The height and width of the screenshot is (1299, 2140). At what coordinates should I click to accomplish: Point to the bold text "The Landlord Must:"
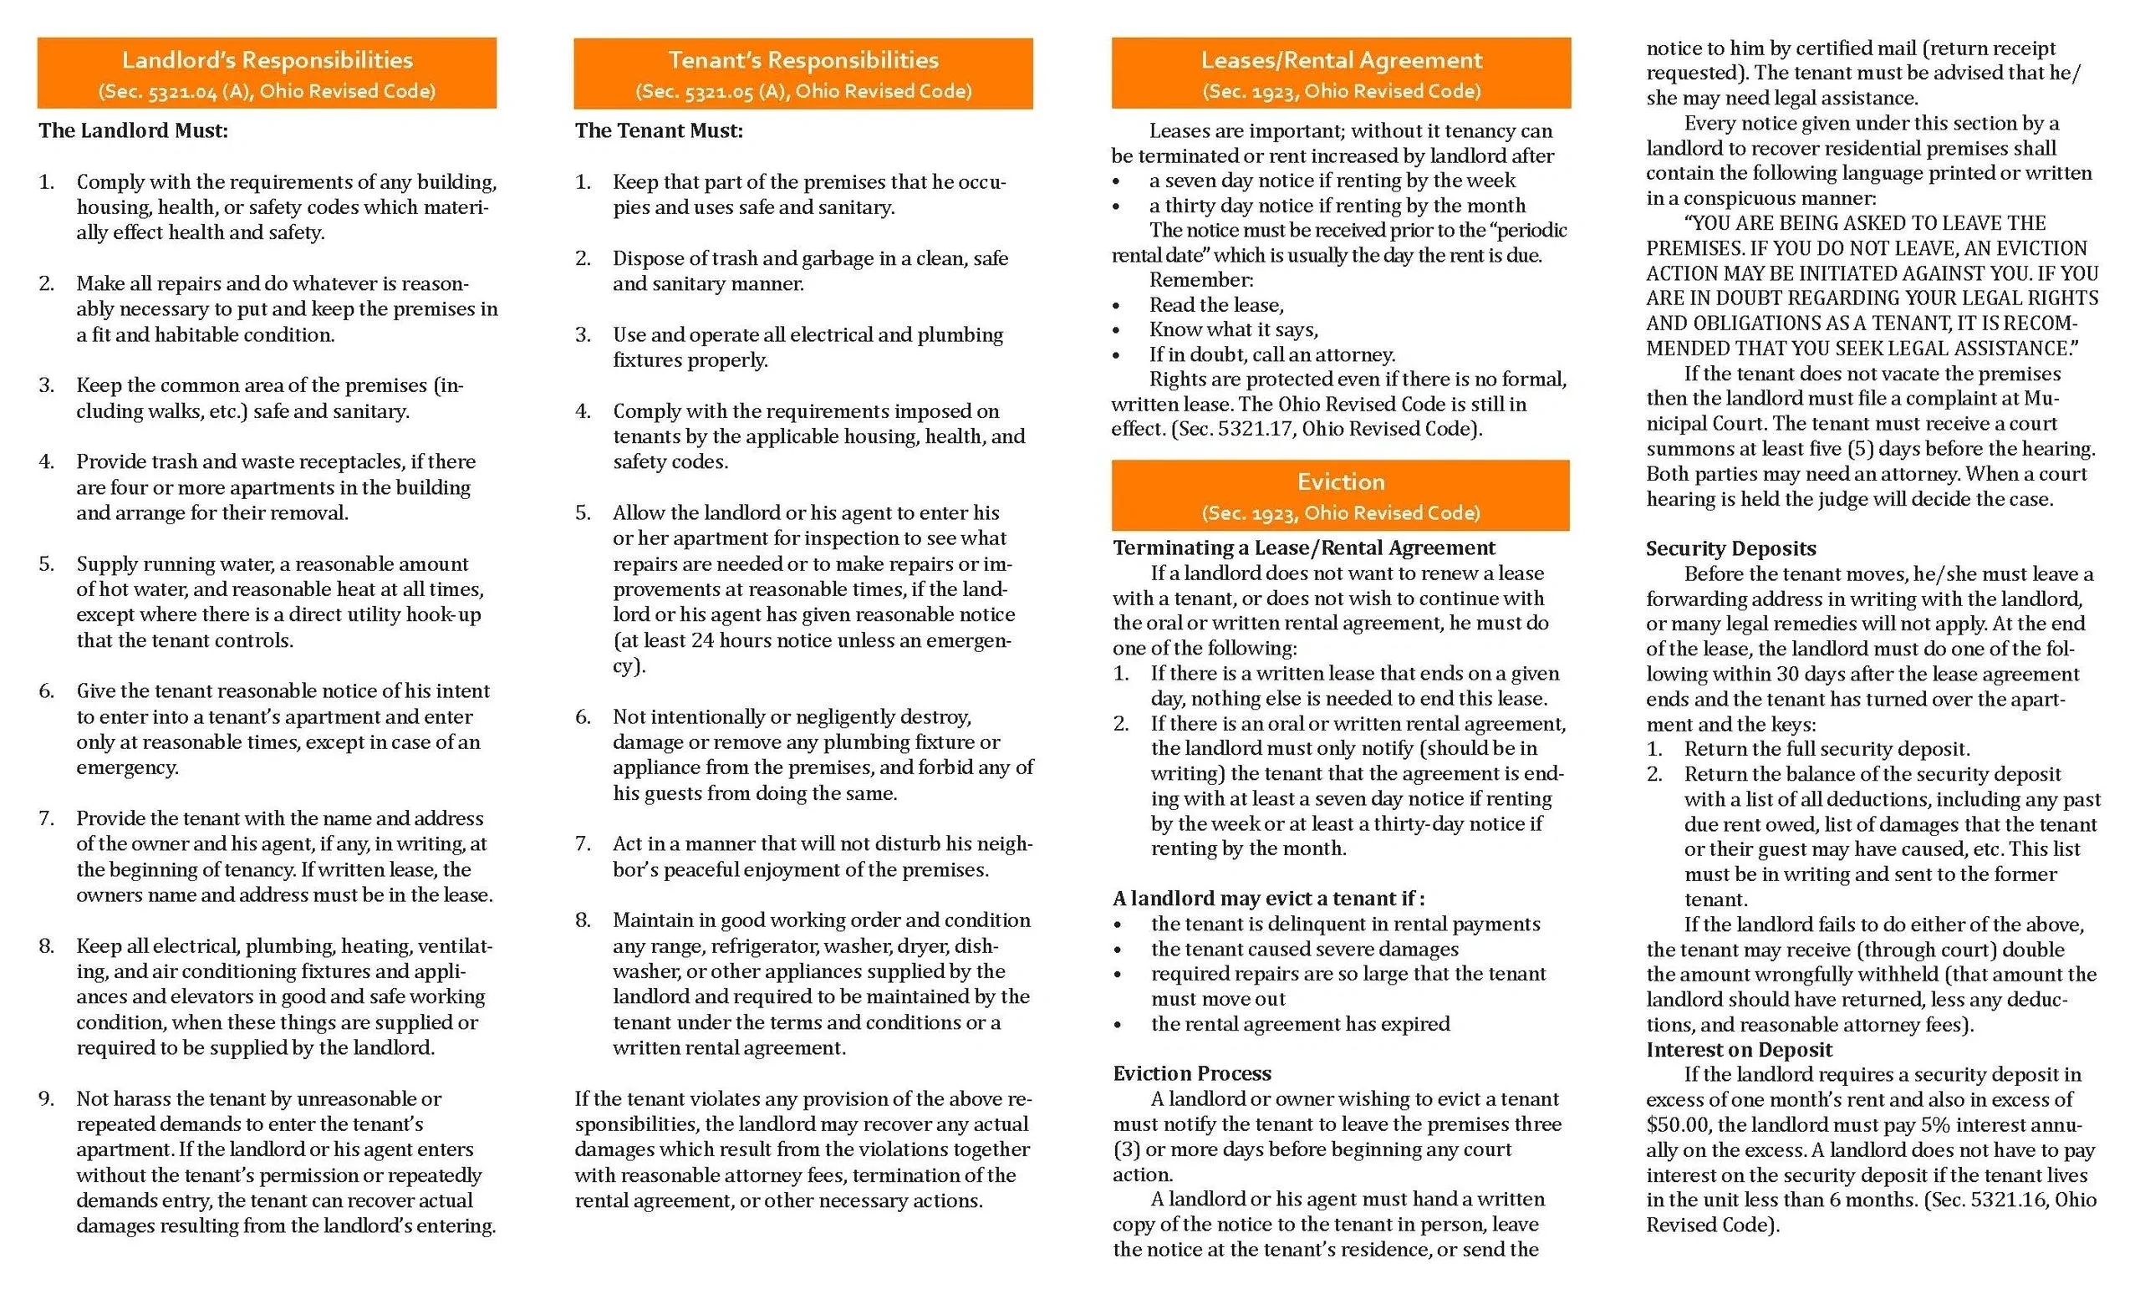tap(133, 131)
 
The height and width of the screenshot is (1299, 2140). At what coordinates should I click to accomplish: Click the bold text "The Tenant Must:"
tap(659, 131)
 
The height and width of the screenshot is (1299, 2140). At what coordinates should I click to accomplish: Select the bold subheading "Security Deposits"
tap(1730, 549)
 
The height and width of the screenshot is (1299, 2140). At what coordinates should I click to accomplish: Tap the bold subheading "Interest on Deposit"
tap(1738, 1050)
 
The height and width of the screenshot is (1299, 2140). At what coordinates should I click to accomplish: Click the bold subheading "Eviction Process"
tap(1191, 1074)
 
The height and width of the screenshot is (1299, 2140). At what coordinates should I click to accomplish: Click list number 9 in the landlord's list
tap(46, 1099)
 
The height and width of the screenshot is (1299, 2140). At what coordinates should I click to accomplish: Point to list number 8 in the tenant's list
tap(583, 920)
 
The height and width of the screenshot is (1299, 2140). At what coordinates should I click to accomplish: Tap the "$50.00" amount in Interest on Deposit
tap(1678, 1125)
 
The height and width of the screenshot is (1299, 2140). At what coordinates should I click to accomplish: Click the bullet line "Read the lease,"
tap(1216, 306)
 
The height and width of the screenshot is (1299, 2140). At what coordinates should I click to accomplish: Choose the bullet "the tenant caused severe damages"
tap(1305, 950)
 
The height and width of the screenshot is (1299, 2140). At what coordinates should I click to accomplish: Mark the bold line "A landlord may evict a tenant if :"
tap(1268, 899)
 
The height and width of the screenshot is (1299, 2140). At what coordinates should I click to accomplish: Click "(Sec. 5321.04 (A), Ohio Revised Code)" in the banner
tap(267, 91)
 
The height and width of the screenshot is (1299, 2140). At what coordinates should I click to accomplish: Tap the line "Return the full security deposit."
tap(1827, 749)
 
